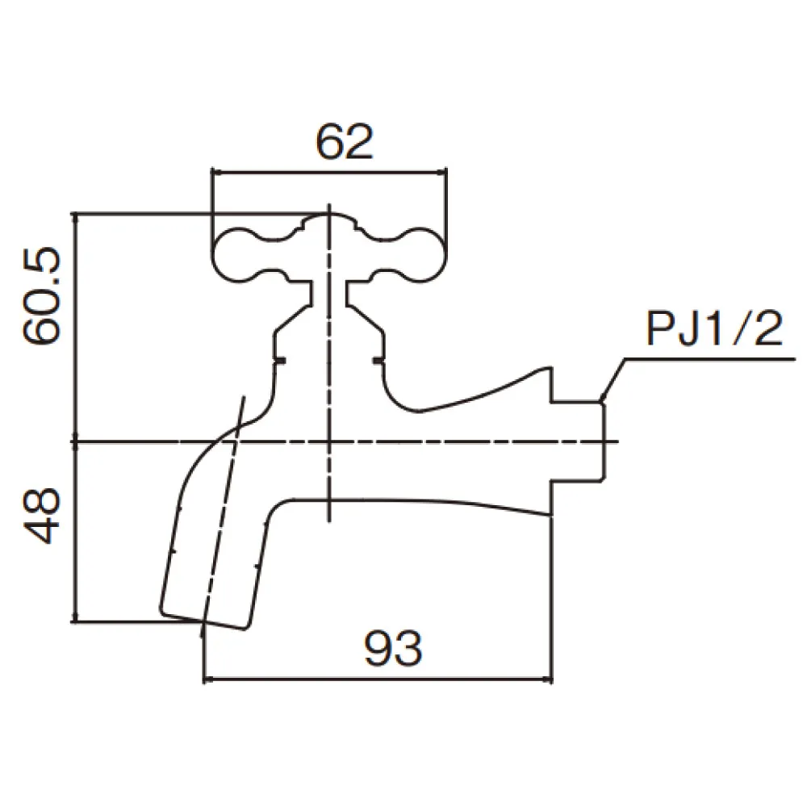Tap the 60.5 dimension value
[x=41, y=296]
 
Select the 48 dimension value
[x=41, y=515]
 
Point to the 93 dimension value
[x=393, y=648]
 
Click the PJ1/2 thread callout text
[x=714, y=328]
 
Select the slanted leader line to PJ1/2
[x=614, y=378]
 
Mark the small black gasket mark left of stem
[x=281, y=360]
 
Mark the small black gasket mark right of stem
[x=377, y=360]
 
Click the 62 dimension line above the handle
[x=329, y=173]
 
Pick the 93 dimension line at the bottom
[x=378, y=679]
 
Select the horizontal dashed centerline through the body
[x=344, y=441]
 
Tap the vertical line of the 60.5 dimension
[x=76, y=326]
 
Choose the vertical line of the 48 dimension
[x=76, y=532]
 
